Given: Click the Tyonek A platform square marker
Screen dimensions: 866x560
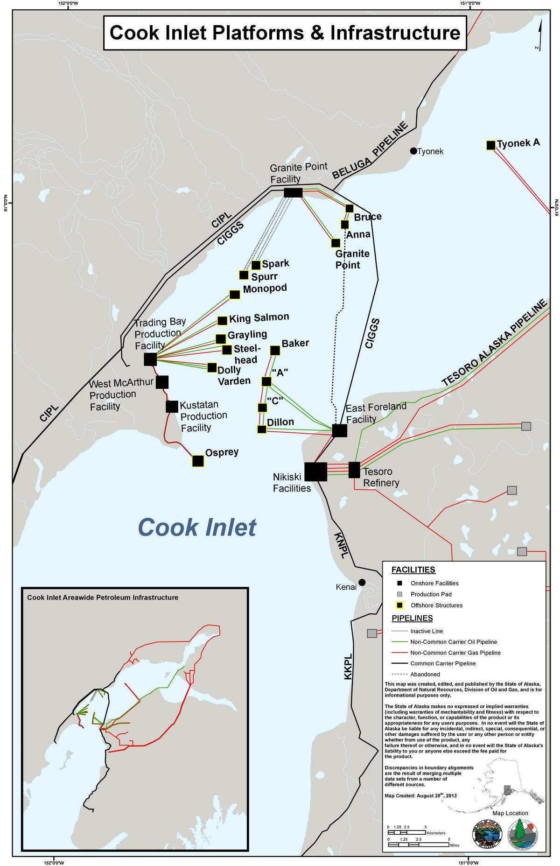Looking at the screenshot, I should click(490, 145).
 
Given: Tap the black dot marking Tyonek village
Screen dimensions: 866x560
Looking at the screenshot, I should click(413, 151).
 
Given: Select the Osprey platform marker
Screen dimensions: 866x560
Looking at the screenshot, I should click(198, 461).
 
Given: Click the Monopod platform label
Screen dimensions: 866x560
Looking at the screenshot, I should click(265, 288).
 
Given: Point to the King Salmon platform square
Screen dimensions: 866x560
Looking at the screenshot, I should click(223, 321).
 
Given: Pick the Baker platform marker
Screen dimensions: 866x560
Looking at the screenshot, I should click(275, 350).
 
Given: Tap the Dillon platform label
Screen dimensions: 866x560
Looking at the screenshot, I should click(280, 422).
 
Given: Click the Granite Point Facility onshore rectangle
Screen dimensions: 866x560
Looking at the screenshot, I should click(293, 192).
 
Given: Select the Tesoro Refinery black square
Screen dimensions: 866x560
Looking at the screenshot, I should click(354, 470).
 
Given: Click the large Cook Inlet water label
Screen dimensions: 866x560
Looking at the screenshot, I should click(197, 527).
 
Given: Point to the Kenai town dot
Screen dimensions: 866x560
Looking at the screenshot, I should click(362, 582).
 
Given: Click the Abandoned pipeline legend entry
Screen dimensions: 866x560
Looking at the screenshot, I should click(425, 674).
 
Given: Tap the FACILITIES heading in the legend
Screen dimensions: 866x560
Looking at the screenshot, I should click(413, 570).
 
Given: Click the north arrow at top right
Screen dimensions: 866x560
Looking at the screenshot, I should click(539, 37).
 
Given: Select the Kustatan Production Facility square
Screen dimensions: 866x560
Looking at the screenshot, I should click(172, 406).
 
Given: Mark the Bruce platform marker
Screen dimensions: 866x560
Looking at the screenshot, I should click(349, 208).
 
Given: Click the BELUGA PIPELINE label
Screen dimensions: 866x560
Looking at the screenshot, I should click(371, 150).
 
